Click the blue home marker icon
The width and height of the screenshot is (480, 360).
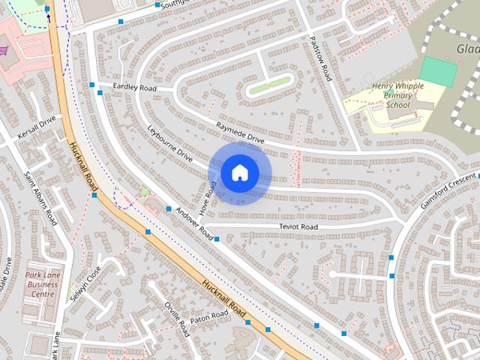(239, 173)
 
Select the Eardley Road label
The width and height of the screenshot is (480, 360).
(134, 88)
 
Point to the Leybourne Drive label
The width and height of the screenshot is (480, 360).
(169, 144)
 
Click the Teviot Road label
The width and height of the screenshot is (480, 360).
(298, 226)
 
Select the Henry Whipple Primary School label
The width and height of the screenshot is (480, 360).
(397, 96)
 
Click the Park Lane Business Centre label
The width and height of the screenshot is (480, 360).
(42, 284)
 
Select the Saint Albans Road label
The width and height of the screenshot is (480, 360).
(40, 199)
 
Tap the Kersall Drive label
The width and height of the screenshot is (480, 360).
(37, 128)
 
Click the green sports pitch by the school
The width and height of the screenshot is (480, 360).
(438, 71)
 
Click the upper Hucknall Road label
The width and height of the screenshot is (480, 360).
(82, 165)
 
